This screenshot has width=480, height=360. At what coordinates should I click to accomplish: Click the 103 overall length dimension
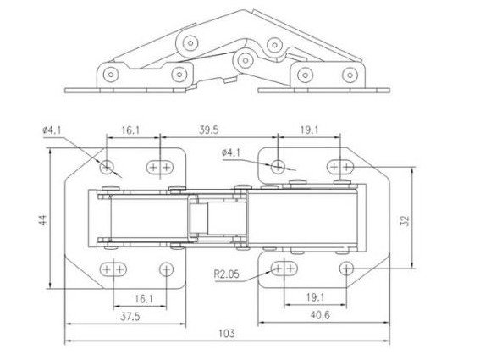point(227,334)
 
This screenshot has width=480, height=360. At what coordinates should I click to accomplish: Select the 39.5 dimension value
point(209,130)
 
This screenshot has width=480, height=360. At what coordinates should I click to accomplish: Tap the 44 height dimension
point(43,219)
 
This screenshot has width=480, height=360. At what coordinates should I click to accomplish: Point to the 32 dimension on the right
point(405,220)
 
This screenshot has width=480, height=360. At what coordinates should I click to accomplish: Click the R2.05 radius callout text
point(226,274)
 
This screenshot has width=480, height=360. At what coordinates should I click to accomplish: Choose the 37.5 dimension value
point(130,316)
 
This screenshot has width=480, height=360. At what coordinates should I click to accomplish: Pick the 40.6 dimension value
point(320,315)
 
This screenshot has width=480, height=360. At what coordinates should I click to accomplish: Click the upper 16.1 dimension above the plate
point(130,130)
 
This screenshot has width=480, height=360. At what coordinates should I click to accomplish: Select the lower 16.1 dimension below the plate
point(144,298)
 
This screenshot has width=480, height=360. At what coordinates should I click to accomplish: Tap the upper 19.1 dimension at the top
point(309,130)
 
